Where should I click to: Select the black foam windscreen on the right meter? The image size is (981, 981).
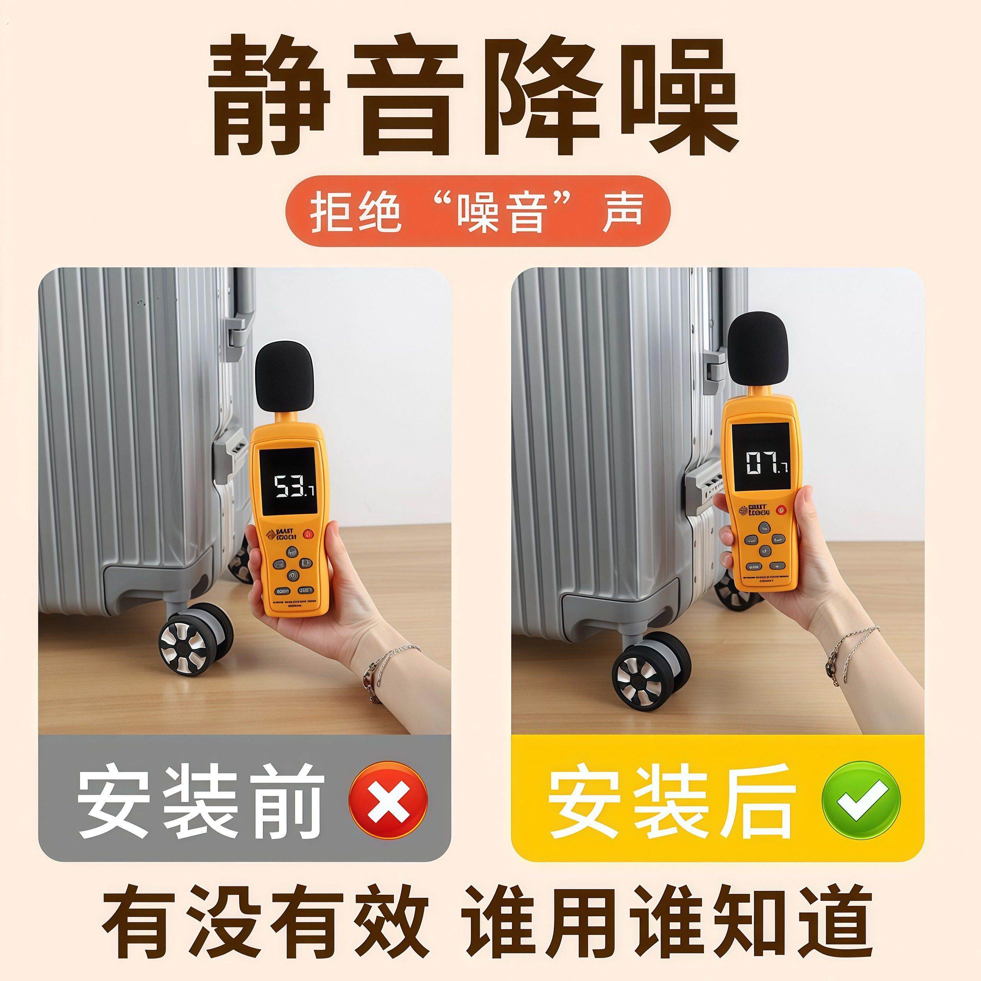(758, 346)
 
